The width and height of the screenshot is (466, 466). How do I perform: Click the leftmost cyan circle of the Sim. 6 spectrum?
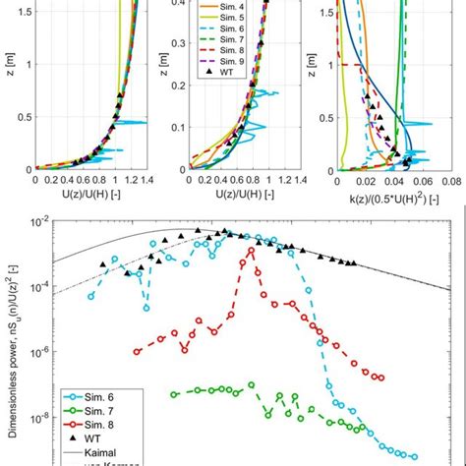point(91,295)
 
